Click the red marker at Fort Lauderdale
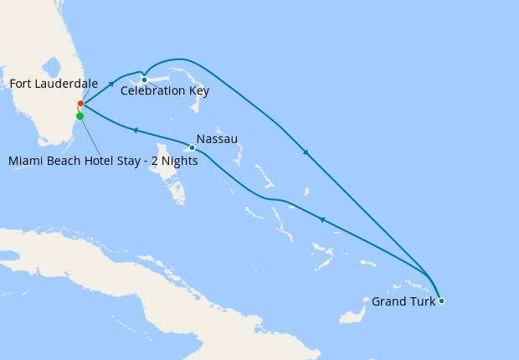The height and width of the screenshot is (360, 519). (80, 104)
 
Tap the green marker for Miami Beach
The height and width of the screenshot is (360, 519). (80, 116)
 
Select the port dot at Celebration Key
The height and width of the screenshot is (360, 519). (144, 80)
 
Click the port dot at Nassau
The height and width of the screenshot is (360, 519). (192, 148)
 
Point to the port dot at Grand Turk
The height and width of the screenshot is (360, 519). (441, 301)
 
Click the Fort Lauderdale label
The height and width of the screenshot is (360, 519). (54, 84)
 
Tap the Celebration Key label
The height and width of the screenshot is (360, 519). (165, 91)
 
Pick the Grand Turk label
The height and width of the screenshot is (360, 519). (403, 301)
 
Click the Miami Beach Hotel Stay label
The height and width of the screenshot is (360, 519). (103, 162)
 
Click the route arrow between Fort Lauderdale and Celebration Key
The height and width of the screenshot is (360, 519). (111, 85)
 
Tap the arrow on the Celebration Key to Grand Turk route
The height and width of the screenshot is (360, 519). (306, 153)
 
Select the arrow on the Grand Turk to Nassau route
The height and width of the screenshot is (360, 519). (321, 219)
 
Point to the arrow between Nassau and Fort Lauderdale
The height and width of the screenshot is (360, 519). (134, 129)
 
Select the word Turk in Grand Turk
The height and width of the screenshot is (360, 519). (422, 301)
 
